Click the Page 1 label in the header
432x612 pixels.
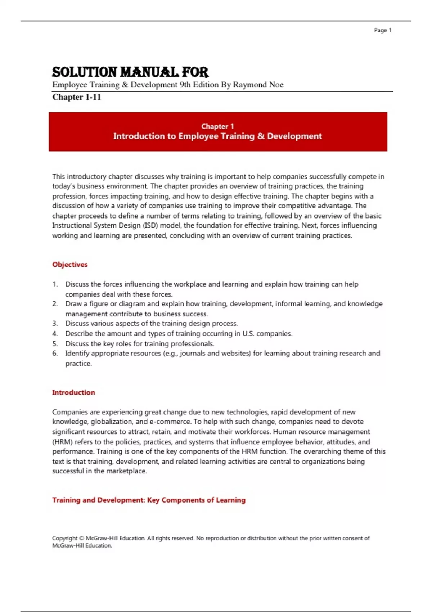[382, 30]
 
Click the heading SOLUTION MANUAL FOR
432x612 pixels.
[130, 72]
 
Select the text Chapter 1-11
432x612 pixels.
[77, 97]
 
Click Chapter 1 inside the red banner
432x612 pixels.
[217, 126]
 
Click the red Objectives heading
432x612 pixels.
[70, 265]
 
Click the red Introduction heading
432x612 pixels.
[73, 392]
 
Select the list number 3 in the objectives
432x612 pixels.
[55, 323]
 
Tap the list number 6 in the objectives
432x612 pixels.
[55, 353]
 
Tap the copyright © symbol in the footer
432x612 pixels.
[81, 538]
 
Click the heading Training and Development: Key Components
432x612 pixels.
[149, 500]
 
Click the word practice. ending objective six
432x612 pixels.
[78, 364]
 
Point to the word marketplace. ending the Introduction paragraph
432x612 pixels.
[126, 471]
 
